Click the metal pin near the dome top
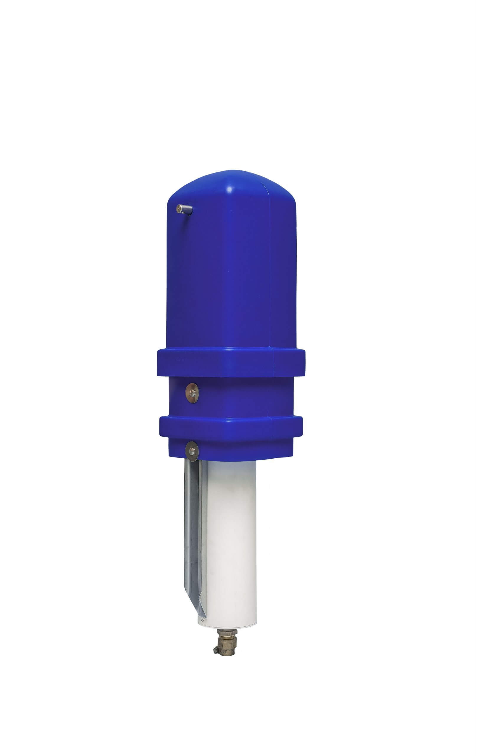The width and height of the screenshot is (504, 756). (185, 210)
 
